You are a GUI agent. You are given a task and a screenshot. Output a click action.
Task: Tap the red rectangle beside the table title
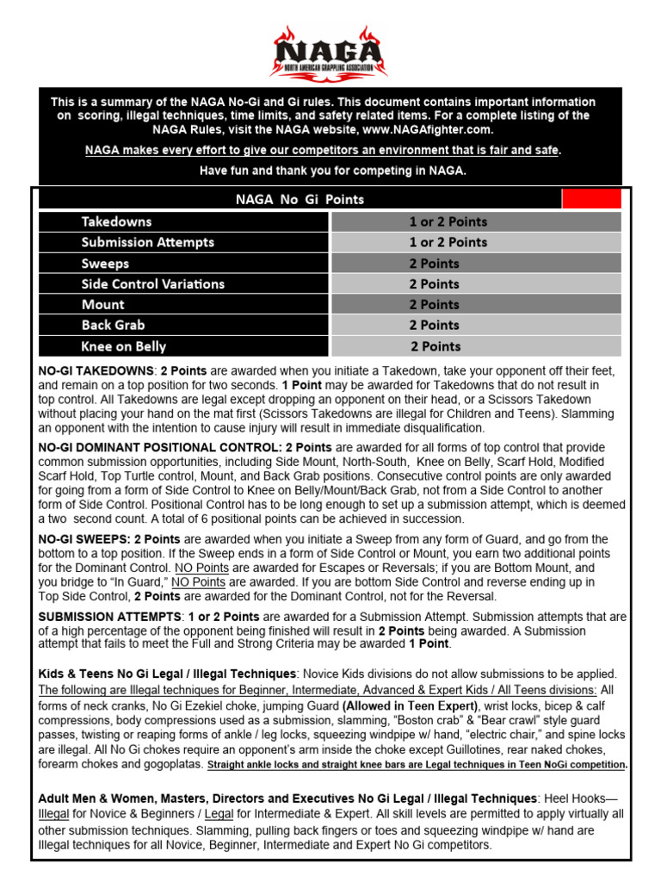pyautogui.click(x=590, y=199)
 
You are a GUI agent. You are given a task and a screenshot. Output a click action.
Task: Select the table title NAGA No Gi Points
pyautogui.click(x=300, y=200)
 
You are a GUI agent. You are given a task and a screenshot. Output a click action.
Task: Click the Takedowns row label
pyautogui.click(x=116, y=221)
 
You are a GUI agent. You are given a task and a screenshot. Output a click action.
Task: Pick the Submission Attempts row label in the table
pyautogui.click(x=147, y=242)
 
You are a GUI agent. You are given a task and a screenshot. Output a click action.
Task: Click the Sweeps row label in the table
pyautogui.click(x=105, y=264)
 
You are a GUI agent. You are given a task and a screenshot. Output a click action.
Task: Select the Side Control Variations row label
pyautogui.click(x=152, y=284)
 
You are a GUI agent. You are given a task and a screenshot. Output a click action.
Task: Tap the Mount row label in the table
pyautogui.click(x=102, y=305)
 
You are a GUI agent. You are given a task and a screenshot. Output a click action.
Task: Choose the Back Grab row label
pyautogui.click(x=113, y=326)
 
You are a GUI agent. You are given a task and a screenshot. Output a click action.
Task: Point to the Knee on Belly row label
pyautogui.click(x=123, y=346)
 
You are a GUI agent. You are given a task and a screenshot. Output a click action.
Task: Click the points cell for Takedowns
pyautogui.click(x=448, y=221)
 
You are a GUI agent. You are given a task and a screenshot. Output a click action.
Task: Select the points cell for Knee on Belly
pyautogui.click(x=435, y=346)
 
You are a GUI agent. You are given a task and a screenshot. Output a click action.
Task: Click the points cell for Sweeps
pyautogui.click(x=434, y=264)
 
